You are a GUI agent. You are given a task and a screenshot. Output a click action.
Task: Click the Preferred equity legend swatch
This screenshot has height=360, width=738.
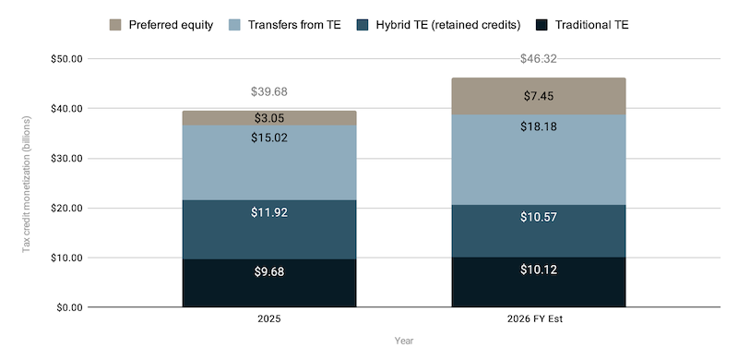coord(115,25)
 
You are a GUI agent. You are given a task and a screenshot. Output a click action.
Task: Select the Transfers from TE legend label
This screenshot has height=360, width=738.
coord(294,25)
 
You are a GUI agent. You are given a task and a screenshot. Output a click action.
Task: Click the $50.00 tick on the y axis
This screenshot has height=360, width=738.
coord(66,59)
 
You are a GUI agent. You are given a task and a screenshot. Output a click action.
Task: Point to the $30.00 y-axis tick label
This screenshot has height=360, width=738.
coord(66,159)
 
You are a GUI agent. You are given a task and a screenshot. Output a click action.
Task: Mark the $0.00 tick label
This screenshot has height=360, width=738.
coord(69,307)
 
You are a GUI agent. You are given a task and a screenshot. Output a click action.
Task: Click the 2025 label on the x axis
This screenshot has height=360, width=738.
coord(269,319)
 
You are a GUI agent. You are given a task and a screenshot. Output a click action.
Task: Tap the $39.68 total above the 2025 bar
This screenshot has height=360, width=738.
coord(269,92)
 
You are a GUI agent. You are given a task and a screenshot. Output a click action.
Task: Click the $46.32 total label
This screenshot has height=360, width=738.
coord(539,59)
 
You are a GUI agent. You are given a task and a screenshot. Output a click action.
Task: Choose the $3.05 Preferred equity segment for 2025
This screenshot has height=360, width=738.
coord(269,118)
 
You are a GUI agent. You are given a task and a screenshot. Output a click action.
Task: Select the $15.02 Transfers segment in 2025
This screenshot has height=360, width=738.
coord(269,163)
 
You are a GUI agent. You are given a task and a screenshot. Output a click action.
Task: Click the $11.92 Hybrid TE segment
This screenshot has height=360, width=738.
coord(269,230)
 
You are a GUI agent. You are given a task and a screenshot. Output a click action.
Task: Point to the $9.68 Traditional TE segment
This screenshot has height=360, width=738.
coord(269,283)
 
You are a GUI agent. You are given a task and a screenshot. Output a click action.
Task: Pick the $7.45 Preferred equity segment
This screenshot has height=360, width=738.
coord(539,96)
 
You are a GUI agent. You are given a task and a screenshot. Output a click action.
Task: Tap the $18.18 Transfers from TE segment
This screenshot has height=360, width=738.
coord(539,160)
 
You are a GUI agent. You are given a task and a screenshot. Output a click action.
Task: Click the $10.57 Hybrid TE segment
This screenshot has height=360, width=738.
coord(539,231)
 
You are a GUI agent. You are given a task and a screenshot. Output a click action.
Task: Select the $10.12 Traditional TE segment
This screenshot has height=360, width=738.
coord(539,282)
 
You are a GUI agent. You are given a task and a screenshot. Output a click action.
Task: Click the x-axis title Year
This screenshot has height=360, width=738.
coord(404,341)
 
